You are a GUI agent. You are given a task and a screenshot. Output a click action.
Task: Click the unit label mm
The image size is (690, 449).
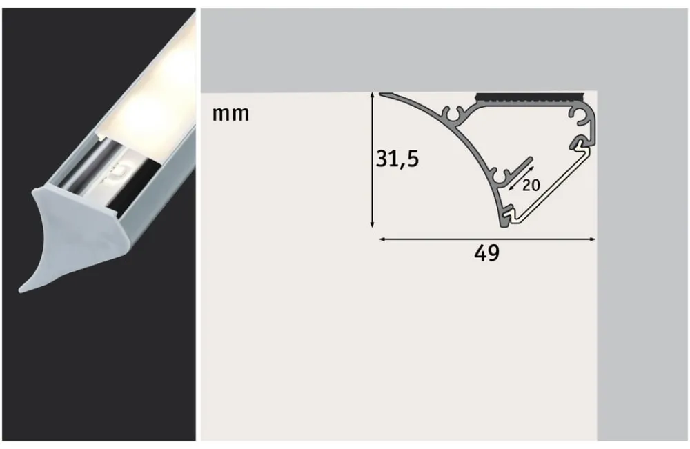pos(230,114)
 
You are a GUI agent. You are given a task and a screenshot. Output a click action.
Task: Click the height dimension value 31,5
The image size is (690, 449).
pos(397,159)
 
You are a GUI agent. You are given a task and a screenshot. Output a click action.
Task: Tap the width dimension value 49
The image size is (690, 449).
pos(486,254)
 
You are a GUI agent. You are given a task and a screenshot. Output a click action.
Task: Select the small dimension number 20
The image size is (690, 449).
pos(531,185)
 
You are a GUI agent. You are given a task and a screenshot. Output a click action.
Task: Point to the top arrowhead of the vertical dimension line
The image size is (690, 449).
pos(373,95)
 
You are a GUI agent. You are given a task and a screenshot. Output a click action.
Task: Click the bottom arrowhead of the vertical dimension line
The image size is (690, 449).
pos(373,224)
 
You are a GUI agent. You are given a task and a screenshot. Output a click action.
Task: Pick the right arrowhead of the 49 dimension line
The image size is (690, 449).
pos(593,239)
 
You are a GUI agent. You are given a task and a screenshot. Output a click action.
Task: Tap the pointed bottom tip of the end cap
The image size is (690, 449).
pos(24,286)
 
